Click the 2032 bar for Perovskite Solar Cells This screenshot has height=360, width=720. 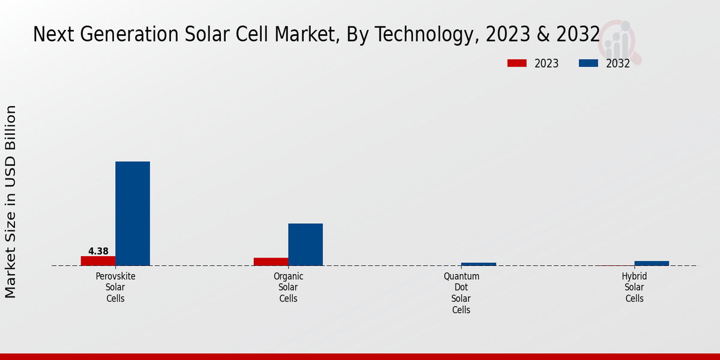(x=133, y=213)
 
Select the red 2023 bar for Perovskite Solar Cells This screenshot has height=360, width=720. (x=98, y=261)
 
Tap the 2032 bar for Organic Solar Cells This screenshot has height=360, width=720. (x=305, y=244)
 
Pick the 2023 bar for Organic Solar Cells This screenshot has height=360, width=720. (x=271, y=262)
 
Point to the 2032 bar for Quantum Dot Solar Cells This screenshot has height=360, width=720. (x=478, y=264)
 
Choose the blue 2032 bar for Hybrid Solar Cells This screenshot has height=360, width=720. (x=652, y=263)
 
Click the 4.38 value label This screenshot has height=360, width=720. (x=98, y=251)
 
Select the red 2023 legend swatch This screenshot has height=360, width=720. (x=517, y=63)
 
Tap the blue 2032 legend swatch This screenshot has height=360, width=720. (x=589, y=63)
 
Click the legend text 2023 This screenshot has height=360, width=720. (x=546, y=64)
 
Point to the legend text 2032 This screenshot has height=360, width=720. (x=617, y=64)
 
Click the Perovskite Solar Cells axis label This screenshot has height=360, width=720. (x=115, y=287)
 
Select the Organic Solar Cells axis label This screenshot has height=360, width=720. (x=289, y=287)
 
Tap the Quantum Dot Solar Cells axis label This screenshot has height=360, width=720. (x=461, y=293)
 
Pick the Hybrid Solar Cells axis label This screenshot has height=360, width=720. (x=634, y=287)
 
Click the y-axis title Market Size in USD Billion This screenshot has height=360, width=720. (x=11, y=202)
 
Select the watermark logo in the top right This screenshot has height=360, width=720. (x=620, y=41)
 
